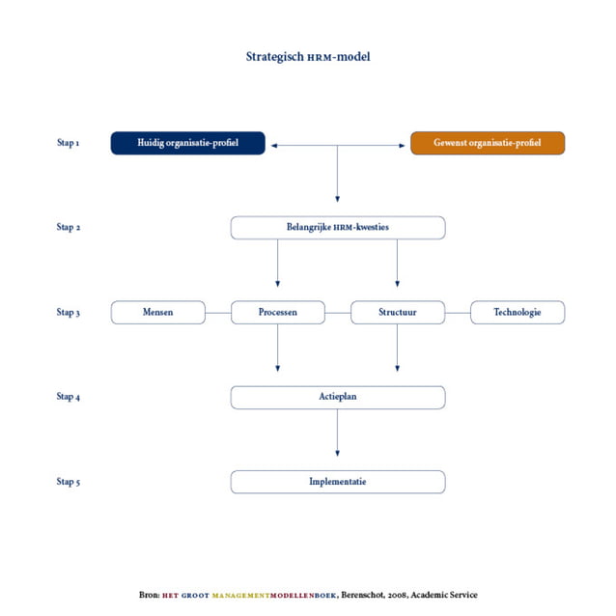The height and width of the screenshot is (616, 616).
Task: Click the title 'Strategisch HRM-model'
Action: point(308,57)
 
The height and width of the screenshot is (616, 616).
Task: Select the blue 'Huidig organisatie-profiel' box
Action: point(187,143)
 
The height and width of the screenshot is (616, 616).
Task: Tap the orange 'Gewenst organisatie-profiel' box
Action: point(487,143)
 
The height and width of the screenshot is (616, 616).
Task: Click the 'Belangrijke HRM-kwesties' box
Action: point(337,228)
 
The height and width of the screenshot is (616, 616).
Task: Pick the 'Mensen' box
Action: point(158,312)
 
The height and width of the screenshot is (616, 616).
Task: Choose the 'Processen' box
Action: point(278,312)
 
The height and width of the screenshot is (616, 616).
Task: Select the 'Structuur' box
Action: point(397,312)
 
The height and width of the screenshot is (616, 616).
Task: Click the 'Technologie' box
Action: point(517,312)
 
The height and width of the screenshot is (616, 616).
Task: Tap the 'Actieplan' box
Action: point(337,397)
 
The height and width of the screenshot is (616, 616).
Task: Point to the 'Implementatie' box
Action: point(337,481)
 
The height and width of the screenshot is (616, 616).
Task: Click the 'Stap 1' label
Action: point(68,144)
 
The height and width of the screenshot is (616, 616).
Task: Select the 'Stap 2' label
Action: point(68,229)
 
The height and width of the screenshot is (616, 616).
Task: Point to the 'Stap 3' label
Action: point(68,313)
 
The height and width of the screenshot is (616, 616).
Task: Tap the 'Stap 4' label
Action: point(68,397)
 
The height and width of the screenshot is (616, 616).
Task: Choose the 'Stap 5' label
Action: point(68,482)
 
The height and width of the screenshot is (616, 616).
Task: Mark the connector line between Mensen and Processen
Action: point(218,313)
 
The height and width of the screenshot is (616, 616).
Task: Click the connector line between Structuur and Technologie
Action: point(458,313)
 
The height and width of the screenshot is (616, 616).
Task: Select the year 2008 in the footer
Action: point(399,595)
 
